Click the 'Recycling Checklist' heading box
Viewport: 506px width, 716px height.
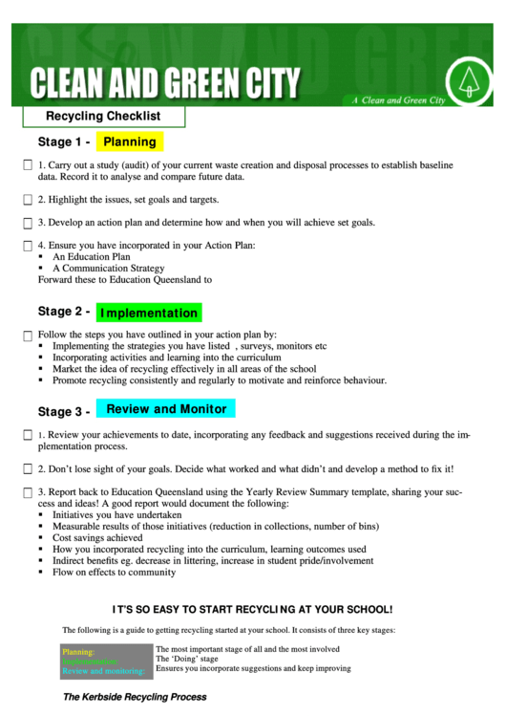[x=103, y=117]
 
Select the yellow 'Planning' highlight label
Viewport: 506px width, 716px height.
[x=130, y=141]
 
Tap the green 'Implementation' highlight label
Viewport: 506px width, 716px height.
[x=149, y=313]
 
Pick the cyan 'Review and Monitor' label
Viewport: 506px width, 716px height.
[x=166, y=409]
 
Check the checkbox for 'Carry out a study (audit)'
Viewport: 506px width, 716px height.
[x=28, y=165]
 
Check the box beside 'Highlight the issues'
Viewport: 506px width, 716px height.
[x=28, y=200]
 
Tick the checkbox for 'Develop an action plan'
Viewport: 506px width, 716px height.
[x=28, y=223]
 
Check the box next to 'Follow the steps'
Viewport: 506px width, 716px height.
[x=28, y=336]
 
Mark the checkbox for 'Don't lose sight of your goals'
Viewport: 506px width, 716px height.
[x=28, y=469]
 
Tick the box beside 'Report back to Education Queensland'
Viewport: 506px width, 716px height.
[x=28, y=492]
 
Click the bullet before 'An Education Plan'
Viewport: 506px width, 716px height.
[x=41, y=257]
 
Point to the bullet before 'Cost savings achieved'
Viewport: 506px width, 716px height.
[x=41, y=538]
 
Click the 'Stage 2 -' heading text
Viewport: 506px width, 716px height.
[x=64, y=312]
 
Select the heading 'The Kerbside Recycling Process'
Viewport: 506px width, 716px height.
[x=135, y=697]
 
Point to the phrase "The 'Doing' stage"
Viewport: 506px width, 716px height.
[x=187, y=659]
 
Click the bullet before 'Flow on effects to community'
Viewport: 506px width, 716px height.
[x=41, y=573]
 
